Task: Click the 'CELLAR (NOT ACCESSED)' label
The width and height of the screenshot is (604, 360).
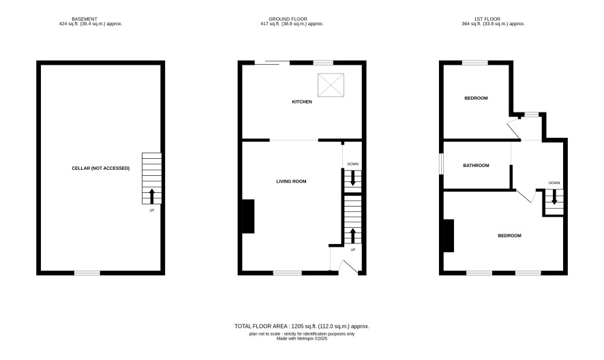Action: pos(100,168)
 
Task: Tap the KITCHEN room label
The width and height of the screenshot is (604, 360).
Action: pos(302,102)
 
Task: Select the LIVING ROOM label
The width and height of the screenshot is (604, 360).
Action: pos(291,181)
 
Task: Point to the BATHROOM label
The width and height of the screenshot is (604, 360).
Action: pos(476,166)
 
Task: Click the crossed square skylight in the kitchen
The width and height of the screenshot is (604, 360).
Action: pos(331,85)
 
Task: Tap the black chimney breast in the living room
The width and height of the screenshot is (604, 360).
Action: pos(248,216)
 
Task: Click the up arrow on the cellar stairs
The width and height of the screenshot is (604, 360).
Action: pos(152,196)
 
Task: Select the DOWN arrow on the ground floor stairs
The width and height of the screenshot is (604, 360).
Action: pos(352,179)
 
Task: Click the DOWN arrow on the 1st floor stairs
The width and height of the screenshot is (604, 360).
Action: pos(554,197)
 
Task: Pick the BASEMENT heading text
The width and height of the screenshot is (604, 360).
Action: pos(85,19)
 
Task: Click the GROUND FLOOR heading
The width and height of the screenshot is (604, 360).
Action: pos(288,19)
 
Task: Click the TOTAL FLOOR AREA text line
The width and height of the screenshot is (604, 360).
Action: pos(302,326)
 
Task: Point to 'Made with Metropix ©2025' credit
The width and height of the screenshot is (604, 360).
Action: pos(302,339)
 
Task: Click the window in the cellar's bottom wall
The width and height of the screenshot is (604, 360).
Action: pos(87,273)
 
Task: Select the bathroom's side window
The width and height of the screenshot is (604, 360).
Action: pos(442,164)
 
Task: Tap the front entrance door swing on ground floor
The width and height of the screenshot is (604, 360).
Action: pos(350,267)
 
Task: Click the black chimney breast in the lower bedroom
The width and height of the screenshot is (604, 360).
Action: pos(449,235)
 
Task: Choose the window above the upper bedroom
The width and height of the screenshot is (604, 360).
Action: pos(475,63)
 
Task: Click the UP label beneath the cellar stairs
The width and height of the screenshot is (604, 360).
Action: pos(152,211)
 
